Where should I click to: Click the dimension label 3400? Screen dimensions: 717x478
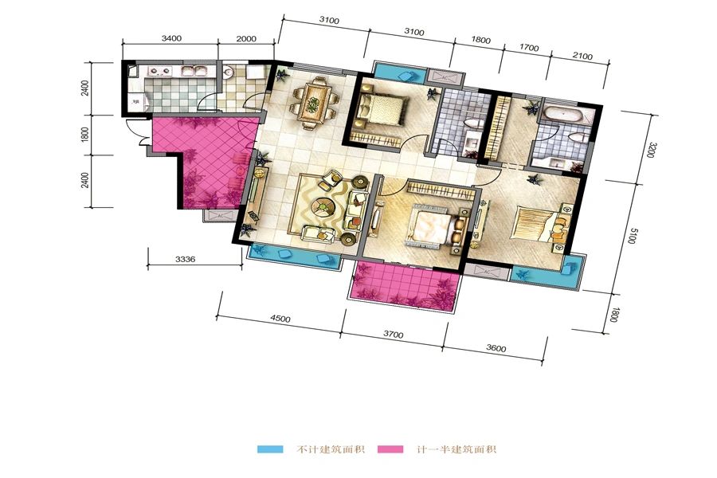[x=171, y=38]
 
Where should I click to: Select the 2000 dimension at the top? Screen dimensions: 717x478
[x=246, y=38]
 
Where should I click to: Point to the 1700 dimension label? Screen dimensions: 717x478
[x=529, y=47]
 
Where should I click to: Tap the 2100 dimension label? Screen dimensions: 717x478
[x=582, y=56]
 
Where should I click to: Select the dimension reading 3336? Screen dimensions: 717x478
[x=185, y=259]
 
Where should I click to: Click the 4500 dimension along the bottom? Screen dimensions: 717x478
[x=280, y=319]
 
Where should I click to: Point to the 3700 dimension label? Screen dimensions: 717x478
[x=394, y=335]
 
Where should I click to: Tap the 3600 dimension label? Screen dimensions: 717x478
[x=496, y=349]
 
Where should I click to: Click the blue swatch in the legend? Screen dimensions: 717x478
[x=270, y=449]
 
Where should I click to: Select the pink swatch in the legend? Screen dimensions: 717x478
[x=390, y=449]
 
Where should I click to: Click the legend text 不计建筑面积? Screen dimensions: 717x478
[x=331, y=449]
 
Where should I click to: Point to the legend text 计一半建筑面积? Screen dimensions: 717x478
[x=456, y=449]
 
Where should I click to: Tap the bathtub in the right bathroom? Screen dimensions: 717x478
[x=563, y=114]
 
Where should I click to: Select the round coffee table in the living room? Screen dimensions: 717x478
[x=323, y=207]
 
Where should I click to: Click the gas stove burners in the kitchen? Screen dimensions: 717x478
[x=159, y=71]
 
